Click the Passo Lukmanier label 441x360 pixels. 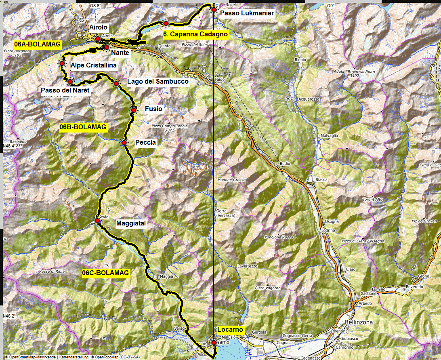[247, 13]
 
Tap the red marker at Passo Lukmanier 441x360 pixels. [214, 9]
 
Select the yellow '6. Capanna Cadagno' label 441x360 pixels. [195, 34]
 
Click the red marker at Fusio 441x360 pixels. [134, 110]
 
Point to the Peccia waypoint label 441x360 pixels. [146, 142]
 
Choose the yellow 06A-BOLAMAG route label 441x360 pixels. [37, 44]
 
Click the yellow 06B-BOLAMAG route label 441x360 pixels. [83, 127]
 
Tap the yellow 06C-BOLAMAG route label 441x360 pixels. [105, 273]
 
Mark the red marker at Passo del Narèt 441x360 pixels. [70, 82]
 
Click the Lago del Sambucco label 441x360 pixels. [157, 82]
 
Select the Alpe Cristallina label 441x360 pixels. [93, 65]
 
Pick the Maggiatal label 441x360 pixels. [130, 223]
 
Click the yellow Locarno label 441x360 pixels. [230, 330]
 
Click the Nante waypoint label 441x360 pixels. [120, 53]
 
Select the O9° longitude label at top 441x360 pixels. [331, 6]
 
